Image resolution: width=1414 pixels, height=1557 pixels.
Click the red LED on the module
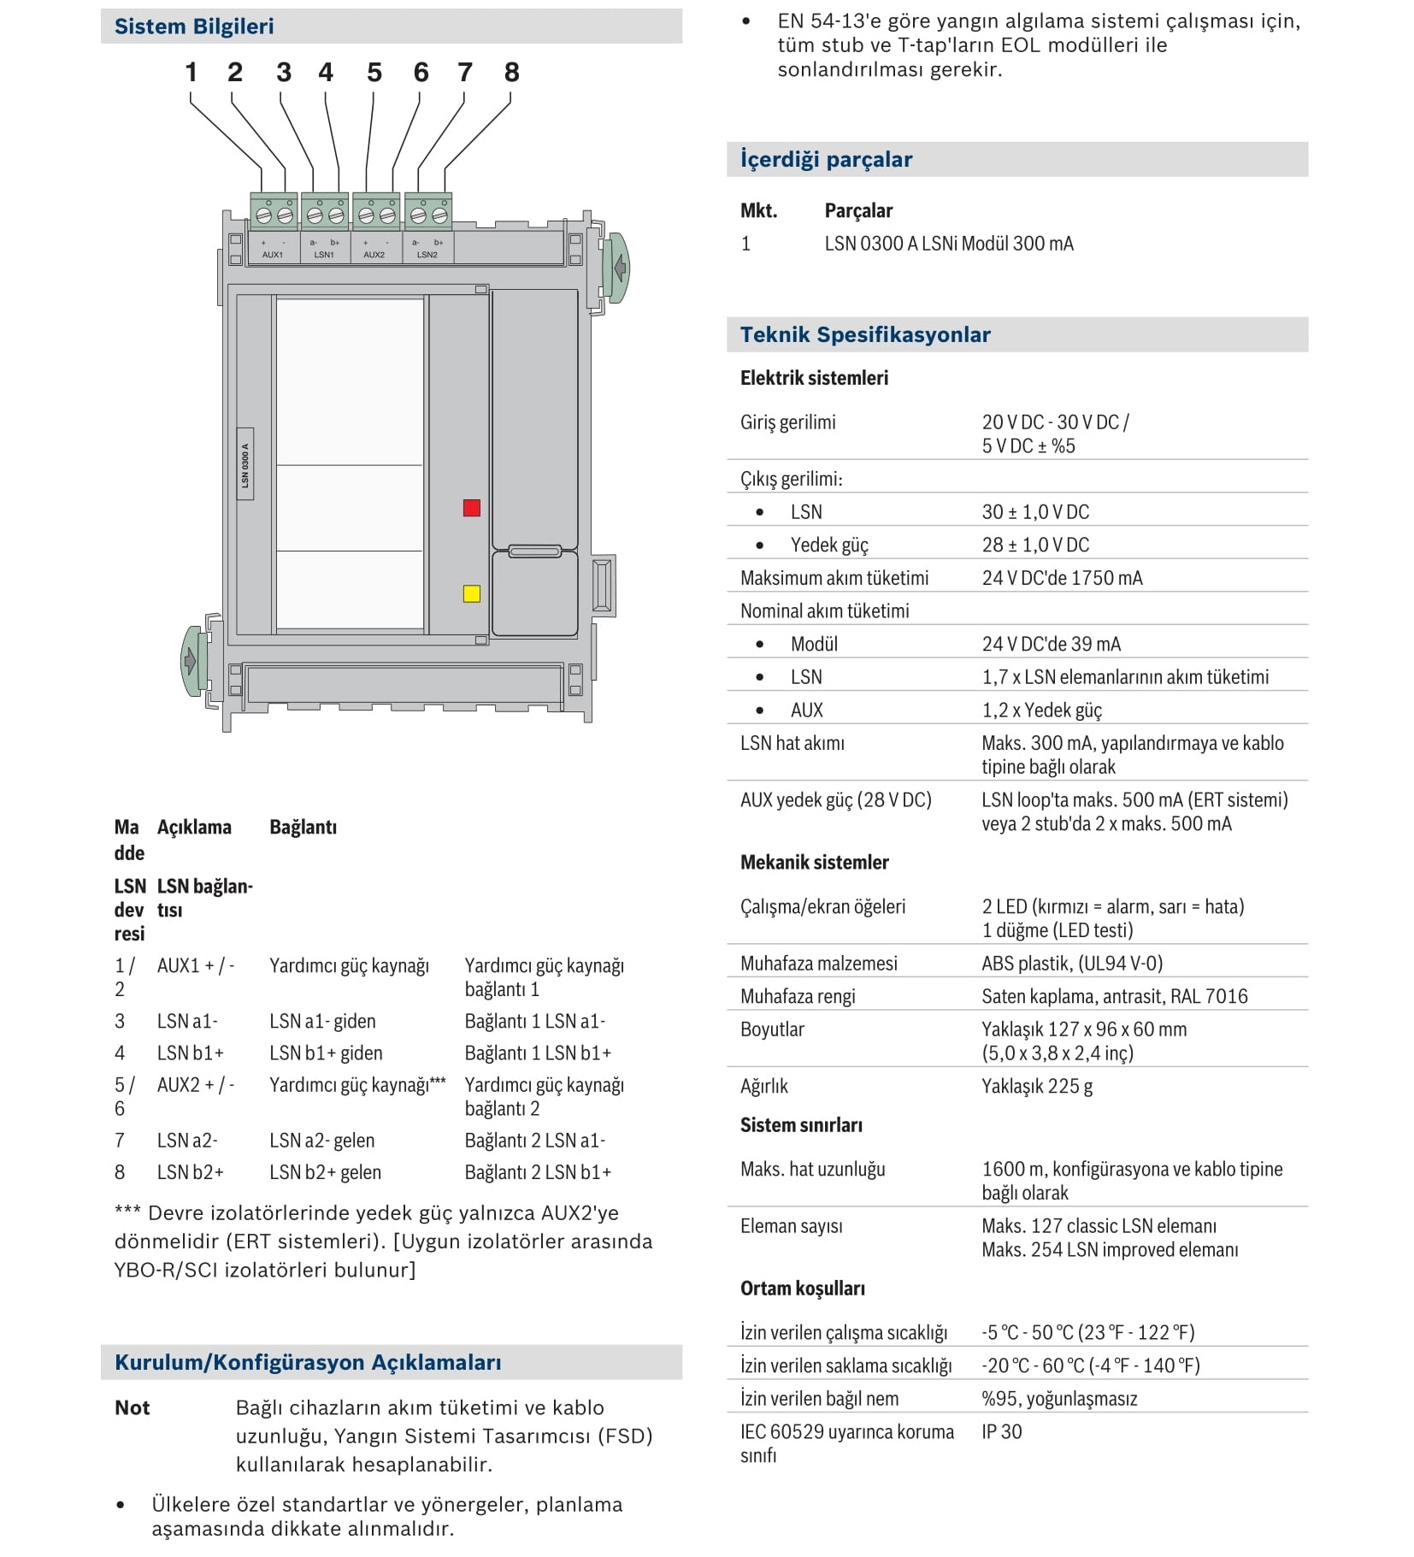point(471,508)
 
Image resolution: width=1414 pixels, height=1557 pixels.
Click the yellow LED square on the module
point(471,593)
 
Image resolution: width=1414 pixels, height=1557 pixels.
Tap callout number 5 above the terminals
point(374,73)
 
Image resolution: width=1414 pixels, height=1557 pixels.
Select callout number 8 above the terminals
point(511,73)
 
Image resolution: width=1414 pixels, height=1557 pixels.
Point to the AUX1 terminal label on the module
point(273,255)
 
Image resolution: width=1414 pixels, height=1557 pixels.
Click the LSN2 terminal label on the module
point(427,255)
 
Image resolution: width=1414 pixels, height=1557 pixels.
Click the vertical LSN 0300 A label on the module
point(245,464)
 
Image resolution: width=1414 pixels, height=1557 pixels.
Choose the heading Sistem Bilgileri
point(194,27)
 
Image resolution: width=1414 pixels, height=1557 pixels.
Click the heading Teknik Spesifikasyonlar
point(865,334)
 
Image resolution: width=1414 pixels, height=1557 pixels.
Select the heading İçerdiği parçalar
point(826,159)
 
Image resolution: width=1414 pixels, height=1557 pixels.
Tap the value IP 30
point(1001,1431)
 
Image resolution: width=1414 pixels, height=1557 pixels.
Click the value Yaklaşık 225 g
point(1037,1086)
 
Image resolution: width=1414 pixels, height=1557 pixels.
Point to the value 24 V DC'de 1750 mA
point(1062,578)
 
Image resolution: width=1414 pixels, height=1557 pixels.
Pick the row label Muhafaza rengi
point(798,996)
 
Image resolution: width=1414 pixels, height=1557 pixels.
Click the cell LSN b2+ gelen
point(325,1172)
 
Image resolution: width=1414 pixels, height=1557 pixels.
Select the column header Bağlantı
point(303,827)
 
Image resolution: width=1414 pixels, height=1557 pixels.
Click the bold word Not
point(133,1407)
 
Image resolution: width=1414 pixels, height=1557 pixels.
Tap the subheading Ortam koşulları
point(803,1289)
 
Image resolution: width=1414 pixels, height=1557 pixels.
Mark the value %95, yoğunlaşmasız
point(1059,1399)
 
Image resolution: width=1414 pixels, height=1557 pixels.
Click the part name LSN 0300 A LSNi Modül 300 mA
point(949,244)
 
